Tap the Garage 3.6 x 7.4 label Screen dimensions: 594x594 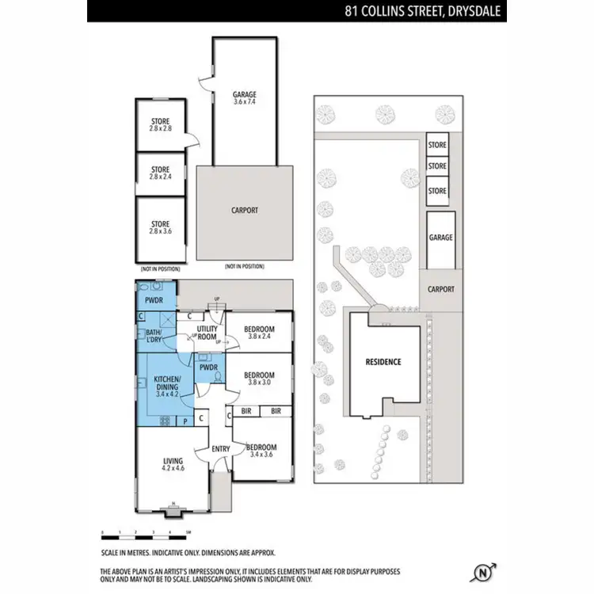click(x=244, y=98)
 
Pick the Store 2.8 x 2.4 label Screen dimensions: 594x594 click(x=161, y=173)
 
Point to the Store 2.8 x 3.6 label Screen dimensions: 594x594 click(x=161, y=228)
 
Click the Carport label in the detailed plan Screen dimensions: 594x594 click(x=245, y=211)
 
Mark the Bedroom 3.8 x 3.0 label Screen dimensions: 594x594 click(x=259, y=379)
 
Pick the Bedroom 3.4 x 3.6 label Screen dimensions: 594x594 click(x=261, y=451)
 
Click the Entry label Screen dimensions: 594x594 click(x=221, y=450)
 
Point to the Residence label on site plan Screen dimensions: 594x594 click(x=384, y=362)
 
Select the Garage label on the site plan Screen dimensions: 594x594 click(x=440, y=238)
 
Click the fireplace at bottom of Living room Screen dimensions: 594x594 click(x=171, y=511)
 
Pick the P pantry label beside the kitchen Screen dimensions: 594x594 click(x=185, y=421)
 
